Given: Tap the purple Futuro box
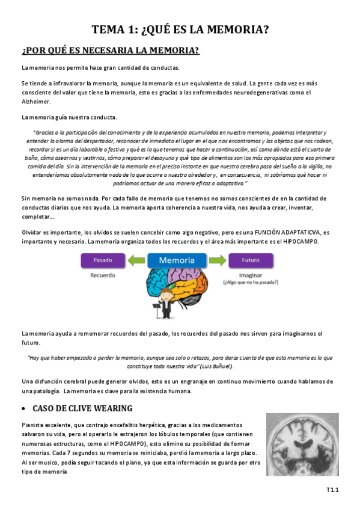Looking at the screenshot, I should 250,260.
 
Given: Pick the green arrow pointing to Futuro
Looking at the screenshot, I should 216,260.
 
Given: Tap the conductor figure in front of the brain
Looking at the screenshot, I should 164,300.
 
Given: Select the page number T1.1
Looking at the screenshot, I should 333,491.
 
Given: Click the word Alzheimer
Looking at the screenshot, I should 35,101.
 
